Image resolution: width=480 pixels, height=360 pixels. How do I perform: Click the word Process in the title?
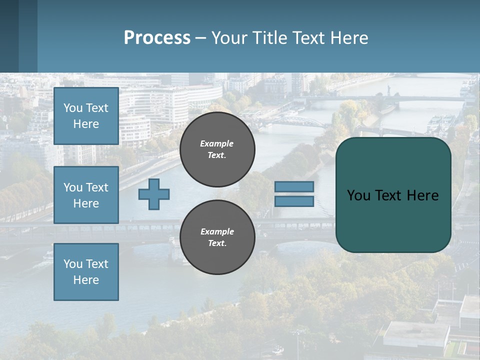pos(157,38)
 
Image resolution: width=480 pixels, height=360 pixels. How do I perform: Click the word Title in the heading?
pos(268,38)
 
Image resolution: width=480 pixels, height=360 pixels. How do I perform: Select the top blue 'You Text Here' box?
pos(86,116)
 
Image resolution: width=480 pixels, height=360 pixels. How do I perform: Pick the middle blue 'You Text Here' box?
pos(86,195)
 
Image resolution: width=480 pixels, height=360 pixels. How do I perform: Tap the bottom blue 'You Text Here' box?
pos(86,272)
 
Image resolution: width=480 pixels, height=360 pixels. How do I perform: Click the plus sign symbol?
pos(154,194)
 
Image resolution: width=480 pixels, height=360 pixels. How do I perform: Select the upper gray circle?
pos(217,149)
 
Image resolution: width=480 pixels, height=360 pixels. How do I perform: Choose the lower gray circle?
pos(217,237)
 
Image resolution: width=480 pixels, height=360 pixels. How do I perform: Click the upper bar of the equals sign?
pos(294,186)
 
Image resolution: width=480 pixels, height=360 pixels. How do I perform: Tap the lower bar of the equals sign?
pos(294,201)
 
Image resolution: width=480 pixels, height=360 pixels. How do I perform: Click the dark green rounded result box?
pos(393,220)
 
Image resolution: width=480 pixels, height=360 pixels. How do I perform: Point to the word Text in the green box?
pos(388,195)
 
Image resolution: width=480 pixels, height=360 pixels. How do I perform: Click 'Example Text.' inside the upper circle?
pos(217,149)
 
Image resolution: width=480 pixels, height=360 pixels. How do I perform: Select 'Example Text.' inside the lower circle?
pos(217,237)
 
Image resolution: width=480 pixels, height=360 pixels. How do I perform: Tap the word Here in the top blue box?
pos(86,124)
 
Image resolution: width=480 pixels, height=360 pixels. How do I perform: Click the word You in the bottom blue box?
pos(73,264)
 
